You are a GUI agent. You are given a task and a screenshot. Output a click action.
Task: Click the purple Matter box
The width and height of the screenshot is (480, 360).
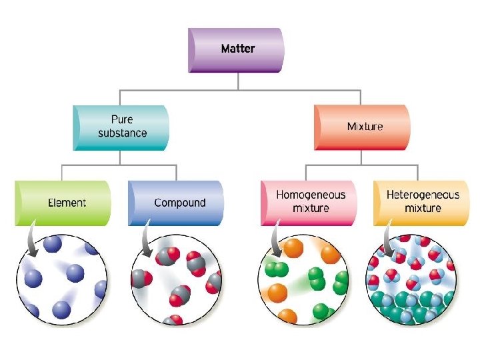point(237,49)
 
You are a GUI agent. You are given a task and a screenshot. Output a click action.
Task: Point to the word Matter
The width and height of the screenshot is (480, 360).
point(238,49)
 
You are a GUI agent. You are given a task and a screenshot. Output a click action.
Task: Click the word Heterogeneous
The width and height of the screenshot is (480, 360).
point(423,195)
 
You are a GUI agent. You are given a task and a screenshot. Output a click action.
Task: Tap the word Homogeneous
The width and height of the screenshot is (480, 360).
point(311,195)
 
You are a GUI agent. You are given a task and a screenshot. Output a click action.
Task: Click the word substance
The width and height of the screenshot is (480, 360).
point(123,132)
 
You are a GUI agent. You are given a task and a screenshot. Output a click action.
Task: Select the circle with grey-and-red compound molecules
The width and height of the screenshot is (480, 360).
point(175,279)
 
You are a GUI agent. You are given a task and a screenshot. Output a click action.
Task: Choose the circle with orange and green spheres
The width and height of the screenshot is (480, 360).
point(303,279)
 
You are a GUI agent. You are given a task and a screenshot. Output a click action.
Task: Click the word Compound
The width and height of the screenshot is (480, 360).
point(180,202)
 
